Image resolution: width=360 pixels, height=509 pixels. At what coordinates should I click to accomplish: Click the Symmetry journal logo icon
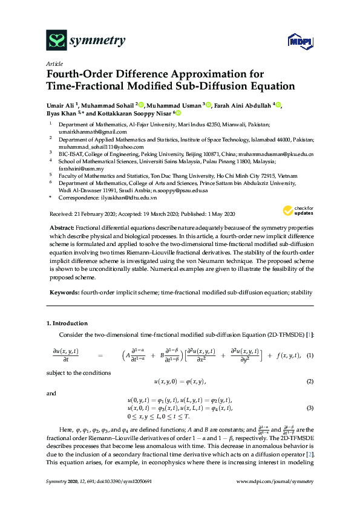56,41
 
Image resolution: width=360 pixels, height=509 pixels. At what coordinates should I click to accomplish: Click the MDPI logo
296,41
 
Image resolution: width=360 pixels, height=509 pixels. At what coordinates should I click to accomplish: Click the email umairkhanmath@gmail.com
93,131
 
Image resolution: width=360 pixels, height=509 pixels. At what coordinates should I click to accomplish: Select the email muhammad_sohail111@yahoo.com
101,146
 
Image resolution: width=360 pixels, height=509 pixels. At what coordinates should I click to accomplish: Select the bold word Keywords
64,293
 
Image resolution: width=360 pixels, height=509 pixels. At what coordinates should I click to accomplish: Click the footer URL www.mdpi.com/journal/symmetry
278,498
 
